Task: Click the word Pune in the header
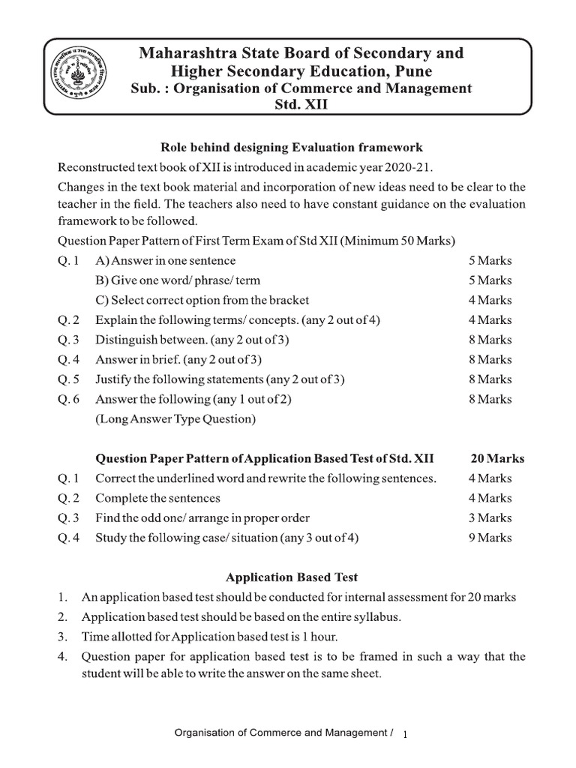(412, 70)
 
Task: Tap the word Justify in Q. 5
(114, 379)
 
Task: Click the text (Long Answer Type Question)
(175, 419)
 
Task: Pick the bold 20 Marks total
(497, 458)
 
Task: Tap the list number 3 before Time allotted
(64, 637)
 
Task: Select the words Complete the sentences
(157, 498)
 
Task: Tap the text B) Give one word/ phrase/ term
(178, 280)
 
